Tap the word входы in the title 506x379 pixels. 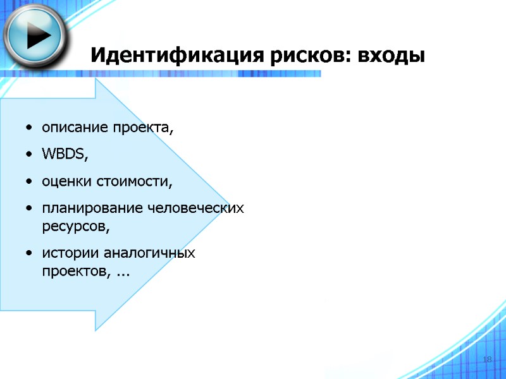coord(392,56)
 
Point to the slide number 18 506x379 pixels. coord(487,359)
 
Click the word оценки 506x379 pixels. coord(67,182)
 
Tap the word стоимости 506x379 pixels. coord(133,182)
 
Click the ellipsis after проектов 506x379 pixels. coord(124,273)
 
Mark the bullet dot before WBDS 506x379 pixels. coord(30,155)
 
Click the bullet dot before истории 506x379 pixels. coord(30,254)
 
